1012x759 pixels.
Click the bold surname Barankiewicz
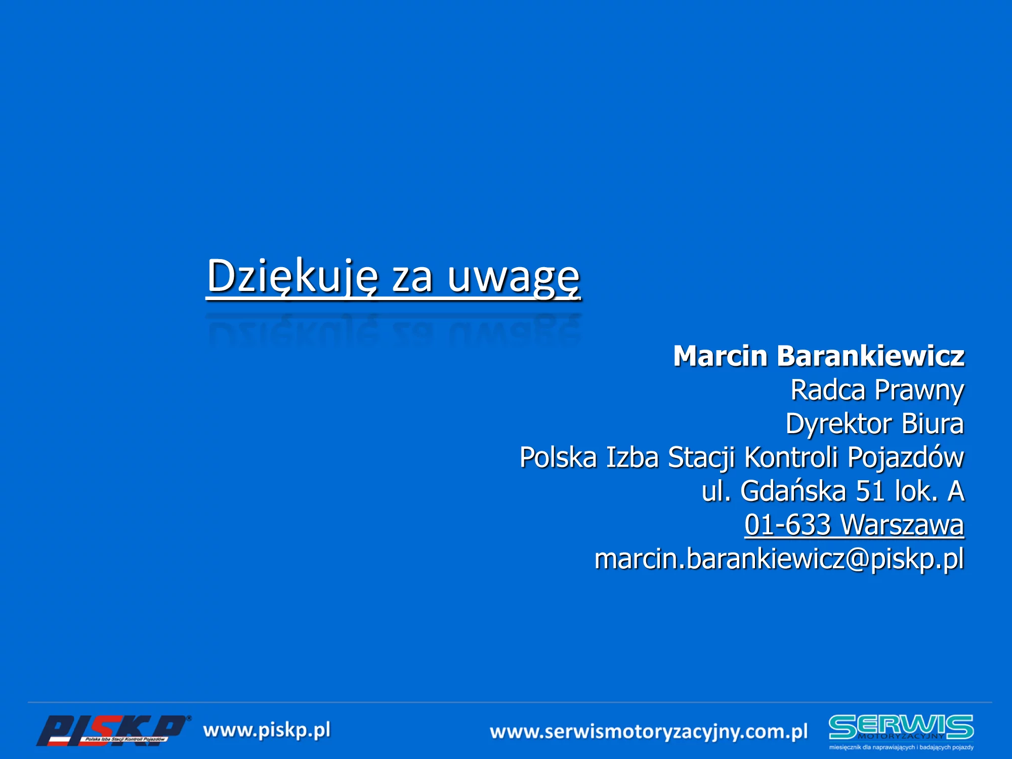coord(870,356)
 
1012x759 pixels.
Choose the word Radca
coord(828,390)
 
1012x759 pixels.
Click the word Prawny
coord(919,391)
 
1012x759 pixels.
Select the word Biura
coord(933,424)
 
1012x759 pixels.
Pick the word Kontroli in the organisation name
coord(791,457)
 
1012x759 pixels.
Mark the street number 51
coord(870,491)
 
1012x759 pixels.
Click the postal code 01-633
coord(788,525)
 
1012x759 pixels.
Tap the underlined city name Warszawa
coord(902,525)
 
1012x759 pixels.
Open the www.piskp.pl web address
coord(267,731)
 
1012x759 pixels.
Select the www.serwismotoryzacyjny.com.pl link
coord(649,732)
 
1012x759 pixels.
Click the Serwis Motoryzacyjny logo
coord(901,732)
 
